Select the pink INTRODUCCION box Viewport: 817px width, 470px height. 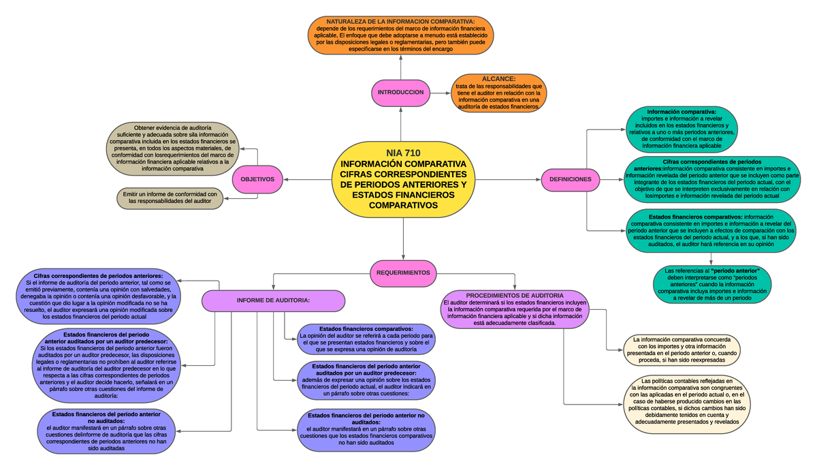[x=401, y=93]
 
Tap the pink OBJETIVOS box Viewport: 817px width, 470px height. [x=257, y=180]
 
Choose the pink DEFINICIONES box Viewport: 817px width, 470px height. [x=571, y=180]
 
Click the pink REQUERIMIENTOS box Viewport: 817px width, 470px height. [x=404, y=272]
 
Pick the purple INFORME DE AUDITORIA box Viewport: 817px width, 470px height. [x=273, y=300]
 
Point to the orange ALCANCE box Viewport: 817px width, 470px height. [x=498, y=93]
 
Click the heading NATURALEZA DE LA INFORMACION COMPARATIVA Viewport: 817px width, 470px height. [x=400, y=22]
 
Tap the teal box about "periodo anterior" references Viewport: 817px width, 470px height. [x=711, y=283]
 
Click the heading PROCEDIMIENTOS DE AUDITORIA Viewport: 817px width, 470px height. [x=514, y=296]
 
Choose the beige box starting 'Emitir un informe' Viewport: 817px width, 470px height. [x=170, y=198]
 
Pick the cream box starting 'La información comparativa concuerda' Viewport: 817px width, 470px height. [x=682, y=350]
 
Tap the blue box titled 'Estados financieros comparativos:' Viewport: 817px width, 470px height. [x=366, y=339]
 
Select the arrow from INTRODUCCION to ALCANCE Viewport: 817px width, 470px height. [x=440, y=93]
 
